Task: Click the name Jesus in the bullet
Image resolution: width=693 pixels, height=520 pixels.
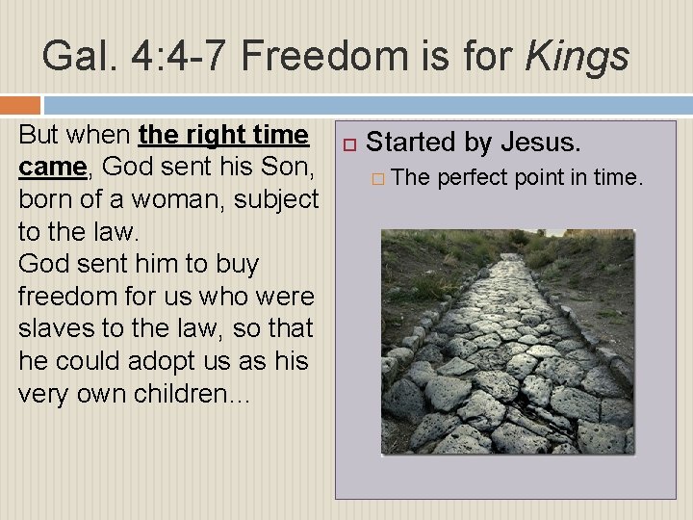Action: pyautogui.click(x=540, y=143)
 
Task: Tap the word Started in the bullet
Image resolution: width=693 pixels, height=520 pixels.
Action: pyautogui.click(x=411, y=143)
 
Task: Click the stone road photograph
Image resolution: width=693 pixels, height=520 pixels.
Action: pyautogui.click(x=507, y=341)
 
